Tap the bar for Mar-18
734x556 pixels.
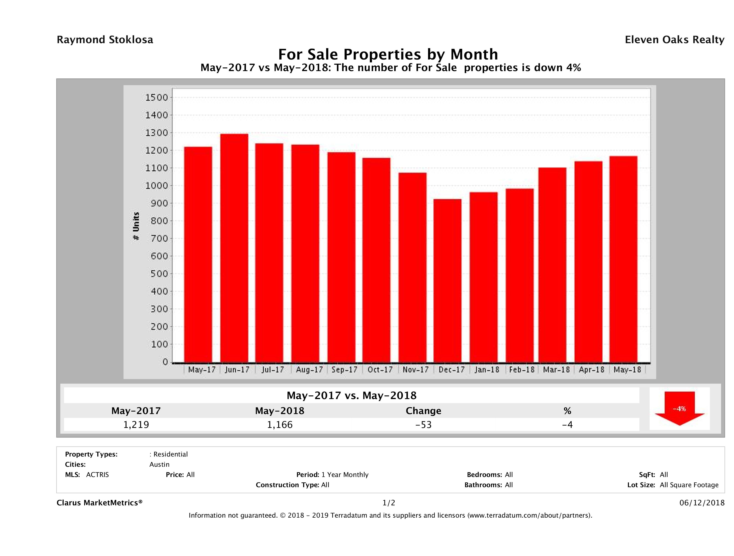coord(552,265)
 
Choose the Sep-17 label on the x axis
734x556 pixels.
coord(344,370)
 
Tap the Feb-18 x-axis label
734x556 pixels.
coord(522,370)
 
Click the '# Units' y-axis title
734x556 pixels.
coord(136,226)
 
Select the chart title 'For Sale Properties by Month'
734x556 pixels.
coord(388,54)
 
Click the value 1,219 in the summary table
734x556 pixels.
coord(136,424)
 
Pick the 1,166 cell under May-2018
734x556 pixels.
coord(280,424)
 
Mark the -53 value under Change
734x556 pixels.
coord(424,424)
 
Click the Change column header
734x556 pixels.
coord(424,411)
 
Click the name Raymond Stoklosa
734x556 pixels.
coord(105,40)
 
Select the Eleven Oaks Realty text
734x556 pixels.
coord(674,40)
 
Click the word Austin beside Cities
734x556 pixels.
coord(159,464)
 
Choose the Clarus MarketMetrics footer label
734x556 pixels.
coord(100,503)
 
